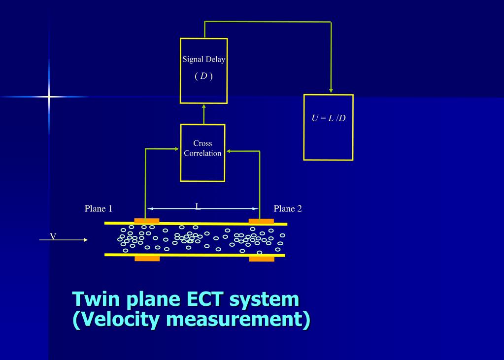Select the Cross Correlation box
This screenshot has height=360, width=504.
202,153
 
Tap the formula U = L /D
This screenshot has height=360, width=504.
328,119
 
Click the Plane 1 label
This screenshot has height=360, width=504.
99,209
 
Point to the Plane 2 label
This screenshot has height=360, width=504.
287,209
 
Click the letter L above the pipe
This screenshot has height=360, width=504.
198,207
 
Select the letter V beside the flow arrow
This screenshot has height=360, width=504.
53,237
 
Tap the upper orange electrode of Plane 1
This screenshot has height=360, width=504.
146,220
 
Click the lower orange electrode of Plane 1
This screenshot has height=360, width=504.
147,258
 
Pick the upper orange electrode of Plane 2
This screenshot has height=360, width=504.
261,221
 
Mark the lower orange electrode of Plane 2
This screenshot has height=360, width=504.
262,259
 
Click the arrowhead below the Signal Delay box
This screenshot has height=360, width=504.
203,106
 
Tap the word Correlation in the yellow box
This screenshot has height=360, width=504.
202,153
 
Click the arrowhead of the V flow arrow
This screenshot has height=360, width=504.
86,240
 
